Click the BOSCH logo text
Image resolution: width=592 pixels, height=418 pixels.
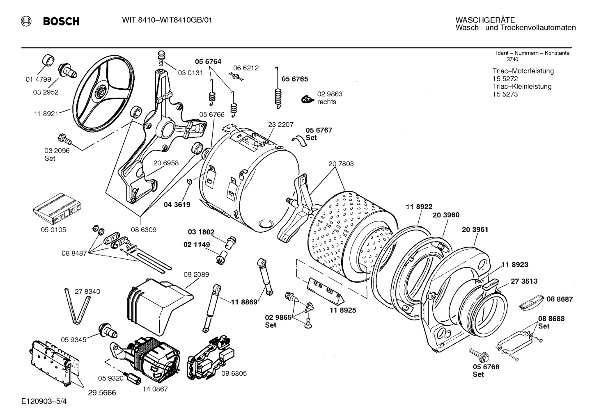pos(61,21)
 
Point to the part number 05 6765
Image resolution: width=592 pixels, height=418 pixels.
pos(294,79)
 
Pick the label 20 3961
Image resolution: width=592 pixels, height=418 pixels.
pos(475,230)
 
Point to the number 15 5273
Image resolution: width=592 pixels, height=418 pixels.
pos(505,94)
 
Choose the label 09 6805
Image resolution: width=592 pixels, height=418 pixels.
pos(234,373)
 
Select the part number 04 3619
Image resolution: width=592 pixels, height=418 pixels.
pos(177,204)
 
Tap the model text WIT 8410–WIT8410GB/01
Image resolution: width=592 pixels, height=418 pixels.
pos(167,21)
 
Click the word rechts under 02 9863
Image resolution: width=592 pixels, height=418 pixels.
pos(326,102)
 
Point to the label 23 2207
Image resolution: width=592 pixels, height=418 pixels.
pos(281,125)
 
